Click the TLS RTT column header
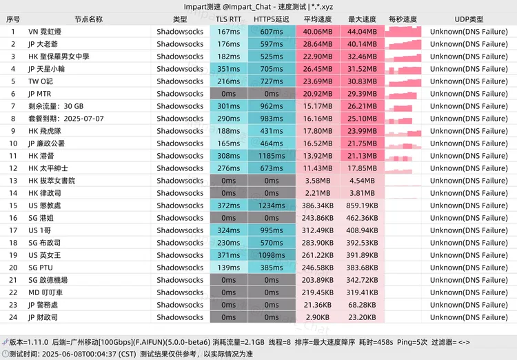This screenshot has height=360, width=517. pos(228,19)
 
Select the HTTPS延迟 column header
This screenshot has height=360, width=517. pos(271,19)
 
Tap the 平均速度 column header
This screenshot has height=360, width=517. pos(318,19)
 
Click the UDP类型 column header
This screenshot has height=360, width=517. pos(469,19)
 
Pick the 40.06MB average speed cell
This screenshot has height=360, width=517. pos(318,32)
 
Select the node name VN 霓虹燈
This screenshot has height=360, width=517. pos(45,32)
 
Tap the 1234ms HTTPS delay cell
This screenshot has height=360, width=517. pos(271,206)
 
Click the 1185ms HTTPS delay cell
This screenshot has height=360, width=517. pos(271,156)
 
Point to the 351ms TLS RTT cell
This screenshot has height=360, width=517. pos(228,69)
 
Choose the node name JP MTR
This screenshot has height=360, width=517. pos(40,94)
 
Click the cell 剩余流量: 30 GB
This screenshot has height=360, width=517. pos(56,106)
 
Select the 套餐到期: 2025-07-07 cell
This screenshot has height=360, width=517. pos(65,119)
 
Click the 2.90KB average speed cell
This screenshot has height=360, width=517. pos(318,317)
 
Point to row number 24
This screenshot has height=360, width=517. pos(13,317)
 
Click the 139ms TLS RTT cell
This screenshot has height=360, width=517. pos(228,268)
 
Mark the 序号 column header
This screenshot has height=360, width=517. pos(13,19)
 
